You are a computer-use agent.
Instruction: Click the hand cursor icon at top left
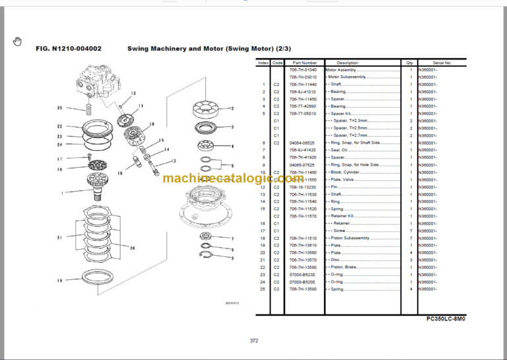click(17, 42)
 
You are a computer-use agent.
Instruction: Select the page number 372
click(253, 341)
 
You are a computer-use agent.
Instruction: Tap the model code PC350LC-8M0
click(446, 318)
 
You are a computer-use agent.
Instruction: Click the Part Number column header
click(304, 63)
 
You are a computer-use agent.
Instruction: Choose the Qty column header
click(410, 63)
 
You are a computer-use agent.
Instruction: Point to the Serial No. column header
click(442, 63)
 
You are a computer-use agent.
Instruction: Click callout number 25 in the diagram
click(59, 108)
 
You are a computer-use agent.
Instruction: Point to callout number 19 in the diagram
click(60, 281)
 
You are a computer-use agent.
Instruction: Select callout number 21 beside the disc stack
click(59, 237)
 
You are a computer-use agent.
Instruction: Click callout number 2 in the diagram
click(232, 108)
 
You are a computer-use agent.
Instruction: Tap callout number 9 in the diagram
click(232, 260)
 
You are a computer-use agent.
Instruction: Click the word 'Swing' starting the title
click(139, 49)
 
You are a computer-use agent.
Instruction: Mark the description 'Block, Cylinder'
click(347, 172)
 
